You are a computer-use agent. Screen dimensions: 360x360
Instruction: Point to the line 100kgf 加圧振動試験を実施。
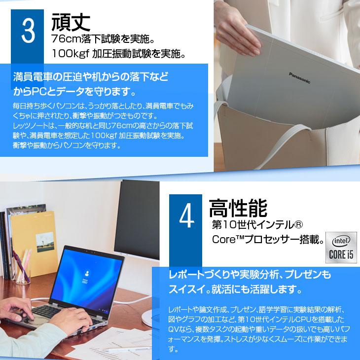pos(119,53)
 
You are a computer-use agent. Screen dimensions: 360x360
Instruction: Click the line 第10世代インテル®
pos(256,225)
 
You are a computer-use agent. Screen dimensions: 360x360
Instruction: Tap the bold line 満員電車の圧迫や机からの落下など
pos(91,77)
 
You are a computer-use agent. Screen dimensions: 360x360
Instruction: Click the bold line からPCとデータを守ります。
pos(74,92)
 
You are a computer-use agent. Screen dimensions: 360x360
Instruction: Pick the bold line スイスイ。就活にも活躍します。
pos(232,288)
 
